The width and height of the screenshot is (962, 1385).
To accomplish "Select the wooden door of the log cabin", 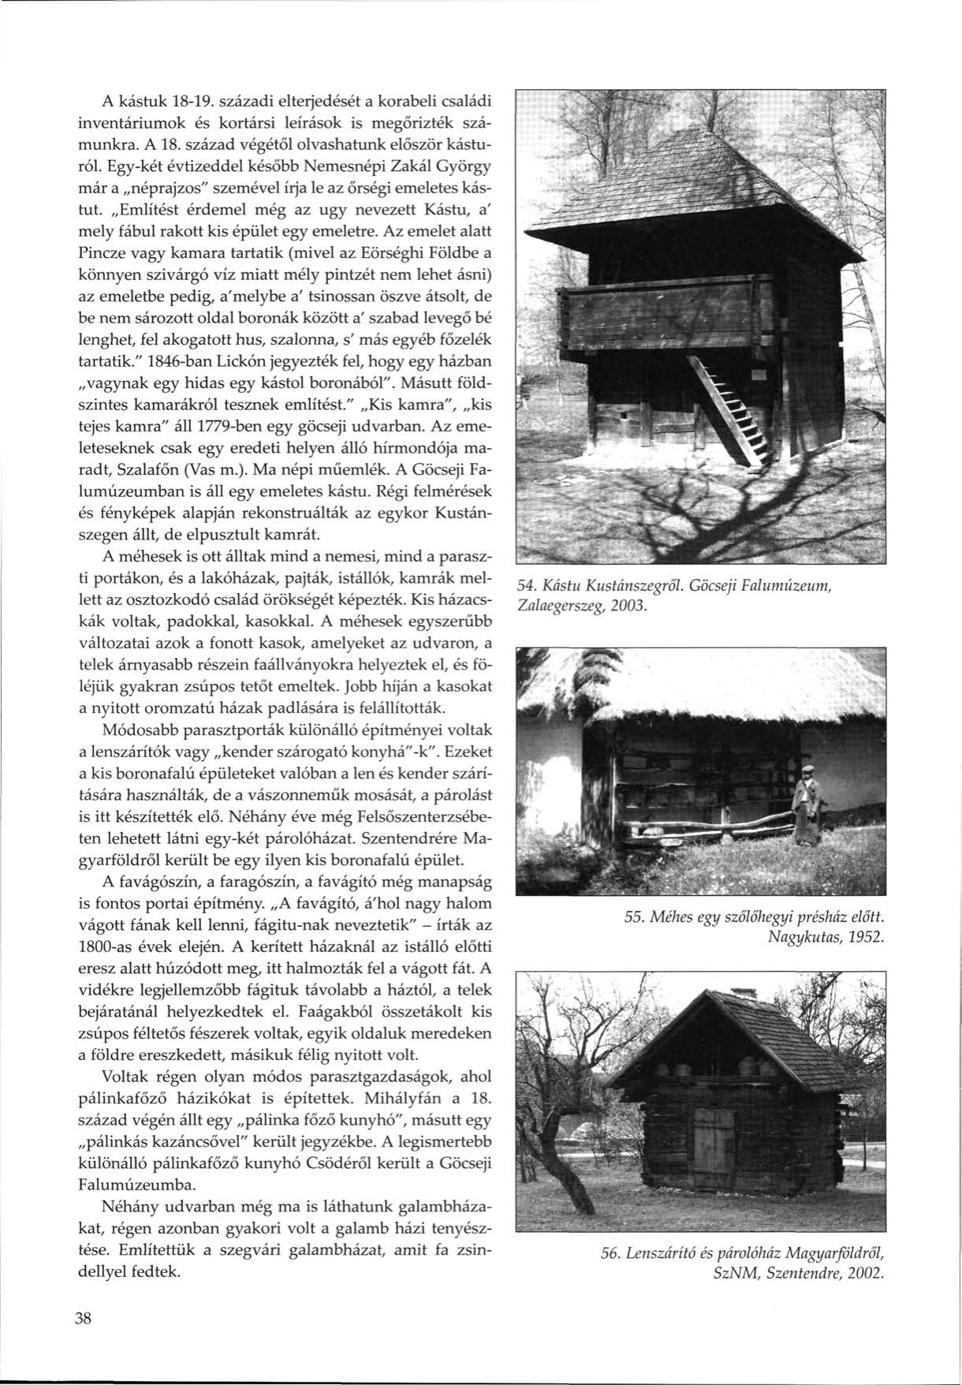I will tap(714, 1145).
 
